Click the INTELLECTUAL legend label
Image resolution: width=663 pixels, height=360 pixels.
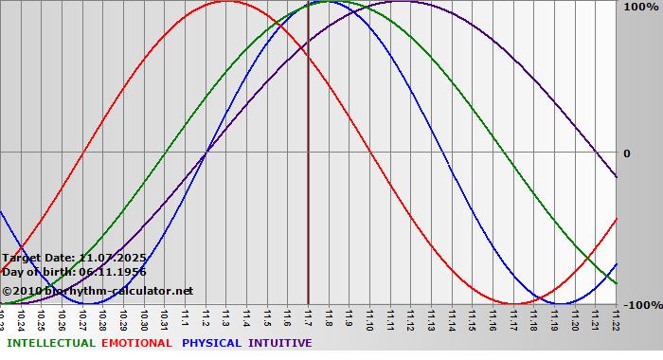[x=51, y=343]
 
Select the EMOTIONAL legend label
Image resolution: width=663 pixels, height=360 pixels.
[x=136, y=343]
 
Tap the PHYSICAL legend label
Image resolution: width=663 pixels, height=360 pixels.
[x=212, y=343]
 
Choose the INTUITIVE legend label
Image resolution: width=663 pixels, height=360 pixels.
[x=280, y=343]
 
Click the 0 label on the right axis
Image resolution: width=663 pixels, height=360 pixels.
[x=626, y=153]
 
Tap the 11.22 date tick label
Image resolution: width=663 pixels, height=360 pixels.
[x=617, y=315]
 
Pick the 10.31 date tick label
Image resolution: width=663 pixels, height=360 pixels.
[x=164, y=315]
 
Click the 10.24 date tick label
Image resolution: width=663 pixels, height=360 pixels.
[x=21, y=315]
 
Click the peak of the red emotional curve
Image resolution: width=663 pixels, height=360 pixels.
[x=225, y=1]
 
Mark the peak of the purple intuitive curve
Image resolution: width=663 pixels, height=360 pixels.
[x=401, y=1]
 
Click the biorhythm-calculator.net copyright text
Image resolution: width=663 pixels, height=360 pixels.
[x=103, y=291]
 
